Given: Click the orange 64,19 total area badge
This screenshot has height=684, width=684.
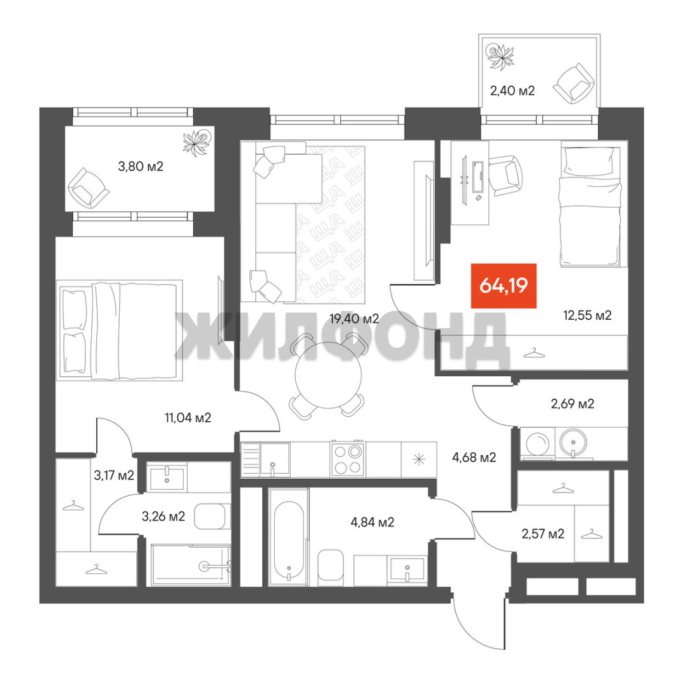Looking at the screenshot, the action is pyautogui.click(x=503, y=286).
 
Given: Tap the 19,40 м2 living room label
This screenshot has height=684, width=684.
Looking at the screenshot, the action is pyautogui.click(x=354, y=319).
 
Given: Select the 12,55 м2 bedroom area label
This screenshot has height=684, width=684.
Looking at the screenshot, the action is pyautogui.click(x=587, y=315).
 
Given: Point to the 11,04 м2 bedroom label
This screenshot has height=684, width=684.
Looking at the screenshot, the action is pyautogui.click(x=187, y=418).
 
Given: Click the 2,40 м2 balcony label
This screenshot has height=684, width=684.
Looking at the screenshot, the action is pyautogui.click(x=512, y=91).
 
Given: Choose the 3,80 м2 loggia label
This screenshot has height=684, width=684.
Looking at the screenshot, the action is pyautogui.click(x=141, y=166).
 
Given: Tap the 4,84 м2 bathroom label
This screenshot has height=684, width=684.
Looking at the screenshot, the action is pyautogui.click(x=372, y=522).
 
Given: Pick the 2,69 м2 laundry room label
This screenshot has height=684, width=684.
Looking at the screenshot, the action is pyautogui.click(x=573, y=403).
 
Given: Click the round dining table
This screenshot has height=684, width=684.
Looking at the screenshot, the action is pyautogui.click(x=328, y=375).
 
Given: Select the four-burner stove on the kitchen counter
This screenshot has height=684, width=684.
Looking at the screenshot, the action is pyautogui.click(x=348, y=459).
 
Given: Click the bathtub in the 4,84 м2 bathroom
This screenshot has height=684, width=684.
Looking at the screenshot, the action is pyautogui.click(x=288, y=537).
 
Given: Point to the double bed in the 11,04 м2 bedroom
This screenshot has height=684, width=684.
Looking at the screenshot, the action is pyautogui.click(x=119, y=331).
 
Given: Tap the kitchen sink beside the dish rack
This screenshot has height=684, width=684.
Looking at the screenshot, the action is pyautogui.click(x=274, y=460).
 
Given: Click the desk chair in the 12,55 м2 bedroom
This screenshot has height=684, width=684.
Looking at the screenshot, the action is pyautogui.click(x=506, y=175).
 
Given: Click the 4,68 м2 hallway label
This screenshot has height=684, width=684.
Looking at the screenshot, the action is pyautogui.click(x=474, y=458).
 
